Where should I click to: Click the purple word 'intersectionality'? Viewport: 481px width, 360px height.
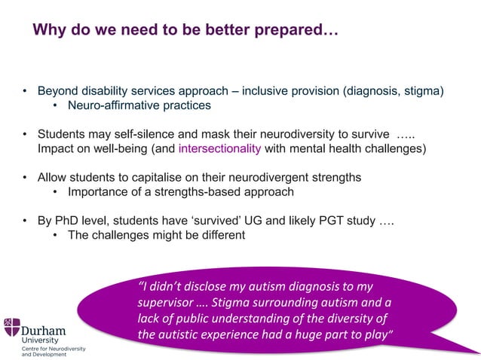tap(219, 148)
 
